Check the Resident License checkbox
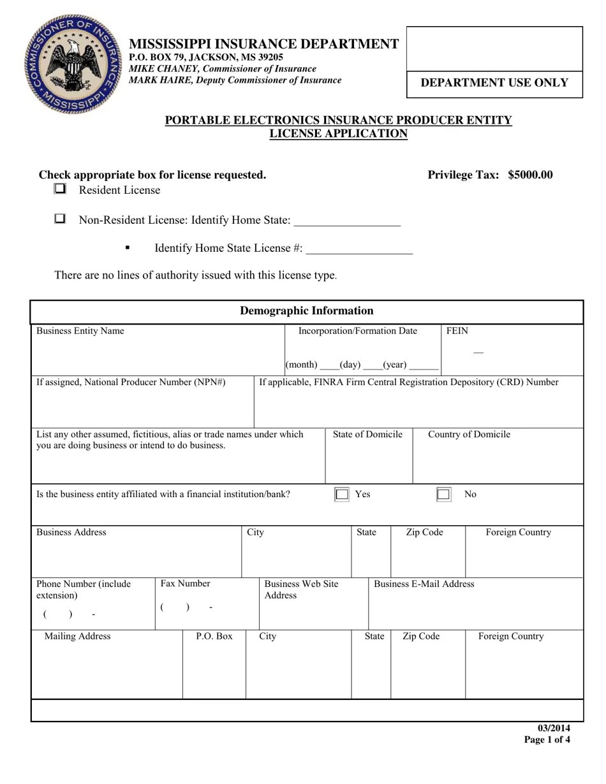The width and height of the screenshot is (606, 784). (x=60, y=189)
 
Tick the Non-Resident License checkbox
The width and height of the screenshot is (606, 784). (x=60, y=219)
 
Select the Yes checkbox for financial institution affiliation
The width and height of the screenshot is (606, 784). (x=342, y=495)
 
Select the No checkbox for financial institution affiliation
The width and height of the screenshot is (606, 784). (x=443, y=495)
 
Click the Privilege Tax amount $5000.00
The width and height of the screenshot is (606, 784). (x=530, y=175)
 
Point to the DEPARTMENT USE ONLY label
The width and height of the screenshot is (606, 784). (x=494, y=83)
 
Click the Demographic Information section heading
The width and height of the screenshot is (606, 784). (x=306, y=311)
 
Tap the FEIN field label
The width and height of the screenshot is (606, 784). (x=457, y=331)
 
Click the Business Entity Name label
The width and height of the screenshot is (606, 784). (x=80, y=331)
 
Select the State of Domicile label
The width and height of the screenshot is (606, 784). (x=367, y=435)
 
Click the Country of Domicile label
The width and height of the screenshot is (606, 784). (x=469, y=435)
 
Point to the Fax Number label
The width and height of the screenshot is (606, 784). (x=185, y=584)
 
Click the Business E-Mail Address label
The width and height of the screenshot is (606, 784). (x=424, y=584)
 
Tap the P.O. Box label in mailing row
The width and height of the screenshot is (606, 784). (x=214, y=636)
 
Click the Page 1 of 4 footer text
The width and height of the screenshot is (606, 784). (x=547, y=740)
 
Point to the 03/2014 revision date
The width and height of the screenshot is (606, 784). (x=553, y=729)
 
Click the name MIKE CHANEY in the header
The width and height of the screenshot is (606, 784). (x=161, y=69)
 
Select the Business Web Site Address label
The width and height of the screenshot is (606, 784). (x=301, y=590)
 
